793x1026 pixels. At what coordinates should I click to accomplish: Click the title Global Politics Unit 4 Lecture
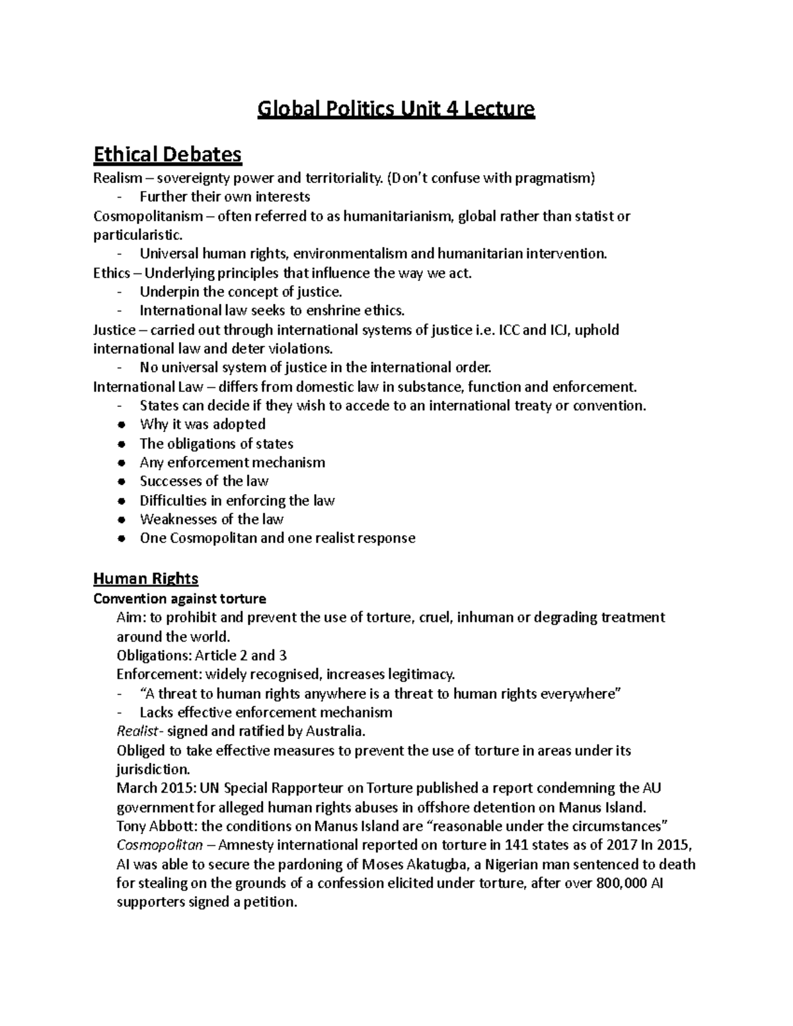(x=396, y=108)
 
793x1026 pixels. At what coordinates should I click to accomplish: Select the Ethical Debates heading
(x=167, y=155)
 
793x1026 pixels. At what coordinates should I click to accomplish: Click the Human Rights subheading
(x=145, y=579)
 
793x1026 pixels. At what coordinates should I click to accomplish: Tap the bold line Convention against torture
(x=179, y=599)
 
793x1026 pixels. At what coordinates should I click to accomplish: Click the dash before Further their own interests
(x=119, y=197)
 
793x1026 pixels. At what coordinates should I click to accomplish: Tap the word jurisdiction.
(x=153, y=770)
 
